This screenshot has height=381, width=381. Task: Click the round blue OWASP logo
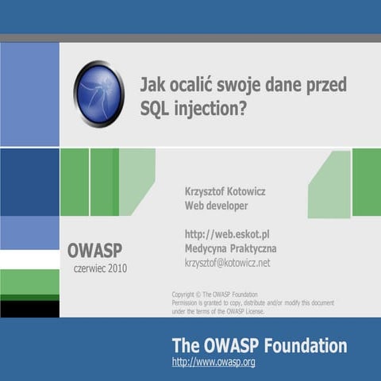(98, 94)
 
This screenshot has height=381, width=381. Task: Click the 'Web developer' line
(216, 206)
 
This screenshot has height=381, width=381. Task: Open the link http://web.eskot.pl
(227, 234)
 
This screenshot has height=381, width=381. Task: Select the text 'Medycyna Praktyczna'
(230, 248)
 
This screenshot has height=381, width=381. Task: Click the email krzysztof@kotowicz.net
(227, 263)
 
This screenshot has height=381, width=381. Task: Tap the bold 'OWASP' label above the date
(94, 251)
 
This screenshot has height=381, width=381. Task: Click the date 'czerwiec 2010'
(100, 268)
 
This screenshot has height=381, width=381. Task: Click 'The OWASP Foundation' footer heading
(259, 345)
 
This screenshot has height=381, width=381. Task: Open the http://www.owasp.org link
(213, 362)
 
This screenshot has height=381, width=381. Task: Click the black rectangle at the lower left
(29, 309)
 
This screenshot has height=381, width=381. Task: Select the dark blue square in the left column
(29, 182)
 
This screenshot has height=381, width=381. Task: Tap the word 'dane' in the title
(283, 85)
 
